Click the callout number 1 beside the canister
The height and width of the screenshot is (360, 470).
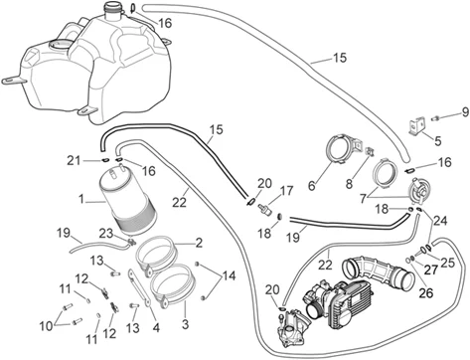point(81,200)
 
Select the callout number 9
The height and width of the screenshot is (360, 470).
point(465,112)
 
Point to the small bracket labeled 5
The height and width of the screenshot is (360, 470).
point(417,126)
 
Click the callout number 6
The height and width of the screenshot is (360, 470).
point(312,186)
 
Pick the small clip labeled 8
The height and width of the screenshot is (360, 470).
point(370,152)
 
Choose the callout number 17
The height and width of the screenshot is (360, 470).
point(287,191)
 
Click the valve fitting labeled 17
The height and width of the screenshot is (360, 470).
point(265,209)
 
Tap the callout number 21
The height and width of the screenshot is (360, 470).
point(74,161)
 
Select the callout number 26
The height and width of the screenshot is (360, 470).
point(426,292)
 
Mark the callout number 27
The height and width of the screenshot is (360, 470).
point(431,270)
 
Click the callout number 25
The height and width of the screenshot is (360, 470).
point(447,263)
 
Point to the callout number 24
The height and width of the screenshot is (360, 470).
point(441,221)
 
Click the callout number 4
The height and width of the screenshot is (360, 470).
point(156,327)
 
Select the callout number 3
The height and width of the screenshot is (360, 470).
point(185,323)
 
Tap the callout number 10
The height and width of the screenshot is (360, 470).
point(47,326)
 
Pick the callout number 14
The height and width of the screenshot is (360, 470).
point(229,275)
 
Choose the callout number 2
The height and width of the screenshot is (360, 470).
point(199,243)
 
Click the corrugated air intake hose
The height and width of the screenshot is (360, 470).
point(377,270)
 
